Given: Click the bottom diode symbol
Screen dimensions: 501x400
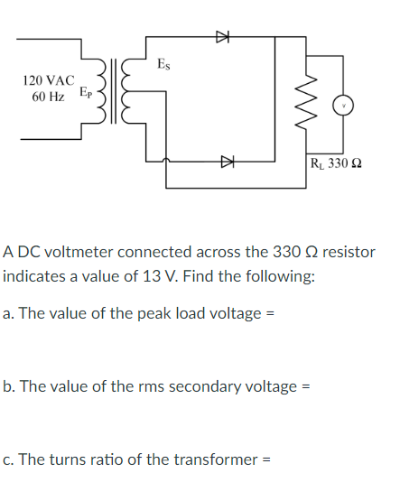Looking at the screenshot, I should pos(228,162).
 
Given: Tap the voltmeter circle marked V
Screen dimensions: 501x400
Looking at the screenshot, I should pos(344,106).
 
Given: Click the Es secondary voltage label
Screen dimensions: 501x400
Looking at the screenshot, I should pos(163,64).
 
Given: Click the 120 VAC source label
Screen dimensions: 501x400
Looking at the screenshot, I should pos(46,80).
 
